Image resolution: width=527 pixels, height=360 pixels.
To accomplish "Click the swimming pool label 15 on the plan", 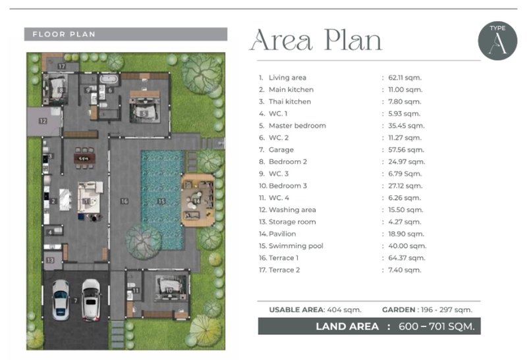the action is tap(161, 201).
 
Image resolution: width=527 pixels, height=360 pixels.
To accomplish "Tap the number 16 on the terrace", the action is tap(125, 201).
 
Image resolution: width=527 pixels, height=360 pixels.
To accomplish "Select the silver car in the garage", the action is tap(61, 299).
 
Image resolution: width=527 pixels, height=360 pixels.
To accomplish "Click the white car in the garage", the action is tap(91, 299).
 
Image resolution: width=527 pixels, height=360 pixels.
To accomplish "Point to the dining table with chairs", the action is tap(84, 158).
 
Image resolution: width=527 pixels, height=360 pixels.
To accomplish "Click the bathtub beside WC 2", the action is tap(109, 80).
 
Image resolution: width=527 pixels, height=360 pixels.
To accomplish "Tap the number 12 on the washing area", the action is tap(43, 121).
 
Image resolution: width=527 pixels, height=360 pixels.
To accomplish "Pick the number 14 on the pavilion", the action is tap(196, 201).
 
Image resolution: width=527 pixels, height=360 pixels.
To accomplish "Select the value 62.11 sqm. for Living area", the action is tap(404, 78).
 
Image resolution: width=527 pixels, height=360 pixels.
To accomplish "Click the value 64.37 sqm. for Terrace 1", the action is tap(406, 258).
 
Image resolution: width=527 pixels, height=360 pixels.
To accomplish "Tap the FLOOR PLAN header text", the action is tap(64, 34).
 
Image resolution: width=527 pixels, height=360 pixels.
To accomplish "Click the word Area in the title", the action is tap(281, 40).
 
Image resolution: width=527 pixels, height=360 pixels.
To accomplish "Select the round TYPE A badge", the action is tap(497, 41).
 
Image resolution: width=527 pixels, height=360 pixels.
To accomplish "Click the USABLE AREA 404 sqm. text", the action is tap(316, 309).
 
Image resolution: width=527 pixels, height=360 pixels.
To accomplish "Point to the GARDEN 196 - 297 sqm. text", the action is tap(427, 309).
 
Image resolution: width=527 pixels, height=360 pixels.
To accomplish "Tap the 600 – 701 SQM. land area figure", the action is tap(437, 326).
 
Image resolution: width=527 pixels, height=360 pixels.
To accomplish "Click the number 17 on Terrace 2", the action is tap(61, 66).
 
